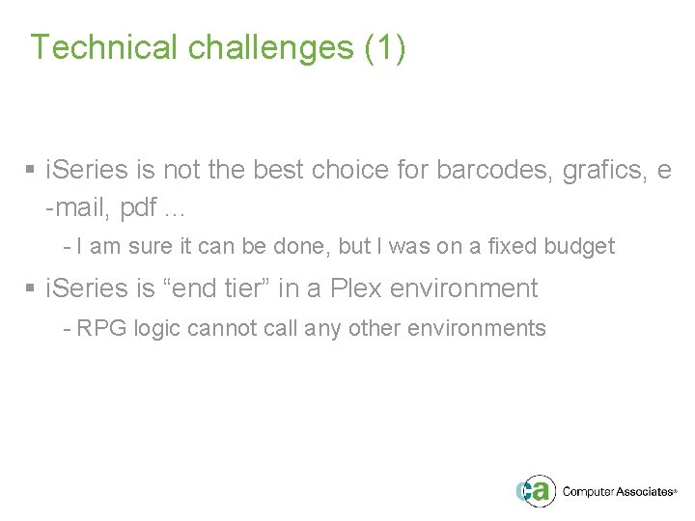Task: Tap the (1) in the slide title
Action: coord(386,47)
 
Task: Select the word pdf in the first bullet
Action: coord(140,207)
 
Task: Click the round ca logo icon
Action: coord(535,489)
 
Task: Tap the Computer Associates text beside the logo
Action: coord(617,491)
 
